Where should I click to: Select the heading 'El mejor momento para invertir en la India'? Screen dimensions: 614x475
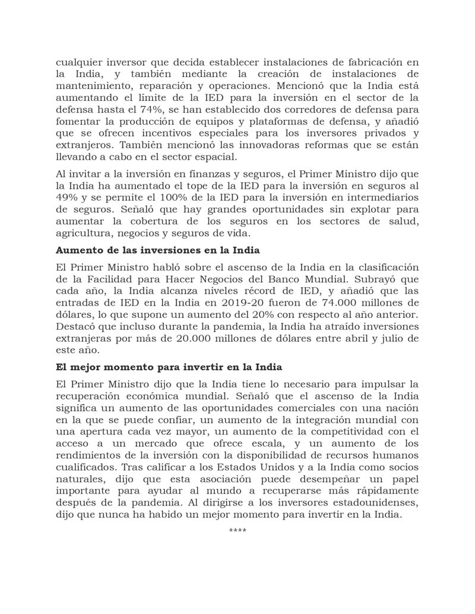pos(169,367)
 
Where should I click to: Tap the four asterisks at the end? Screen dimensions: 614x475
pos(237,530)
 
